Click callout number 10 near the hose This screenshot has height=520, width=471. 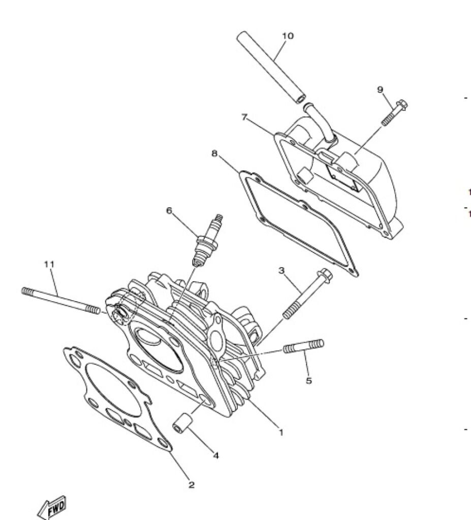pos(288,36)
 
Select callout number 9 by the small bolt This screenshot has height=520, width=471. pos(380,89)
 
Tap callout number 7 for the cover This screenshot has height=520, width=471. pos(244,117)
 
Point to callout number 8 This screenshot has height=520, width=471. pos(214,153)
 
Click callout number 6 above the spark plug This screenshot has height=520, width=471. pos(169,211)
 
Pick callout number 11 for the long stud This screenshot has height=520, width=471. pos(49,264)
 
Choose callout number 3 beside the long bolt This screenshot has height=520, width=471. pos(281,270)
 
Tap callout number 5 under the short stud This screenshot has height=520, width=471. pos(309,380)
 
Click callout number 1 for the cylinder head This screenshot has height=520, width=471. pos(281,433)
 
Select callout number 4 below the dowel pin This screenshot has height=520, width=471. pos(216,456)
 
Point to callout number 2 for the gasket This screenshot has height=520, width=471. pos(191,485)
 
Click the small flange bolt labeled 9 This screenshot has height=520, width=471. pos(395,112)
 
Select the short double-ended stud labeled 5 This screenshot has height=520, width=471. pos(304,346)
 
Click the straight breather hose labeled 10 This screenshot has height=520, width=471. pos(271,68)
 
